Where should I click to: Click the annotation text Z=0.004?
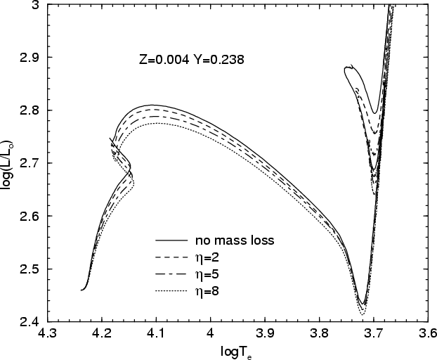(x=164, y=60)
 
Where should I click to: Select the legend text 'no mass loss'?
(x=234, y=240)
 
